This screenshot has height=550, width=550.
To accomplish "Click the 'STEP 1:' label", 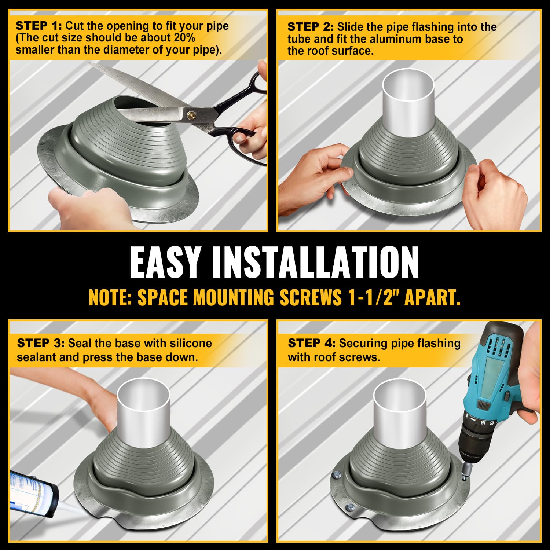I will point(39,26).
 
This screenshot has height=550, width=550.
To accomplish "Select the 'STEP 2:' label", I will point(311,27).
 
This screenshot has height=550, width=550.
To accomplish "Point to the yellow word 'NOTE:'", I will point(110,297).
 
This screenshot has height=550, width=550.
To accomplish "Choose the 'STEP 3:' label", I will point(41,343).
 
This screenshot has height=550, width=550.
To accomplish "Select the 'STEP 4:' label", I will point(311,343).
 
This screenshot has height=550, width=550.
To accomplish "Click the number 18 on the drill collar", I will point(483,422).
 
